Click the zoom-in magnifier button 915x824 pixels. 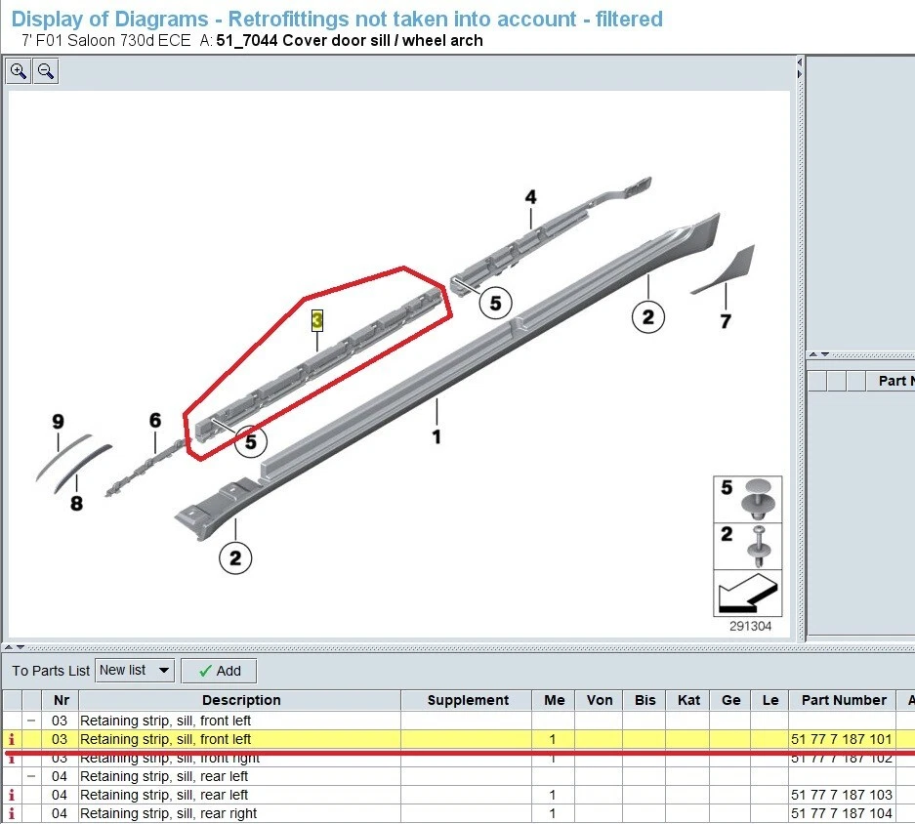click(x=19, y=71)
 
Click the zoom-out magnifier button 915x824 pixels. click(x=46, y=71)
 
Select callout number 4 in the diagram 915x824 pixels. click(x=530, y=197)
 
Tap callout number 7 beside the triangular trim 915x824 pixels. click(x=726, y=321)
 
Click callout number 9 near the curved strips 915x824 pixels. click(x=58, y=422)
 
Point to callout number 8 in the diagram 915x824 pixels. click(x=76, y=504)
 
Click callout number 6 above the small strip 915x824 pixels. click(x=155, y=421)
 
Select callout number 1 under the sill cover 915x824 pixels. click(x=437, y=437)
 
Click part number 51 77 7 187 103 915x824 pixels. click(x=841, y=795)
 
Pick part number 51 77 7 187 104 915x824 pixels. click(x=841, y=813)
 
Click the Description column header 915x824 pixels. click(x=241, y=700)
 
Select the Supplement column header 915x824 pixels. click(x=468, y=700)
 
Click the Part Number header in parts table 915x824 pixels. click(x=844, y=700)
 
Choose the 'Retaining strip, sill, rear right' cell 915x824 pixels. click(x=168, y=813)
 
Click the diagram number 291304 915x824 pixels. click(x=749, y=626)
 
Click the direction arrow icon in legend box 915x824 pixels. click(x=747, y=594)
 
